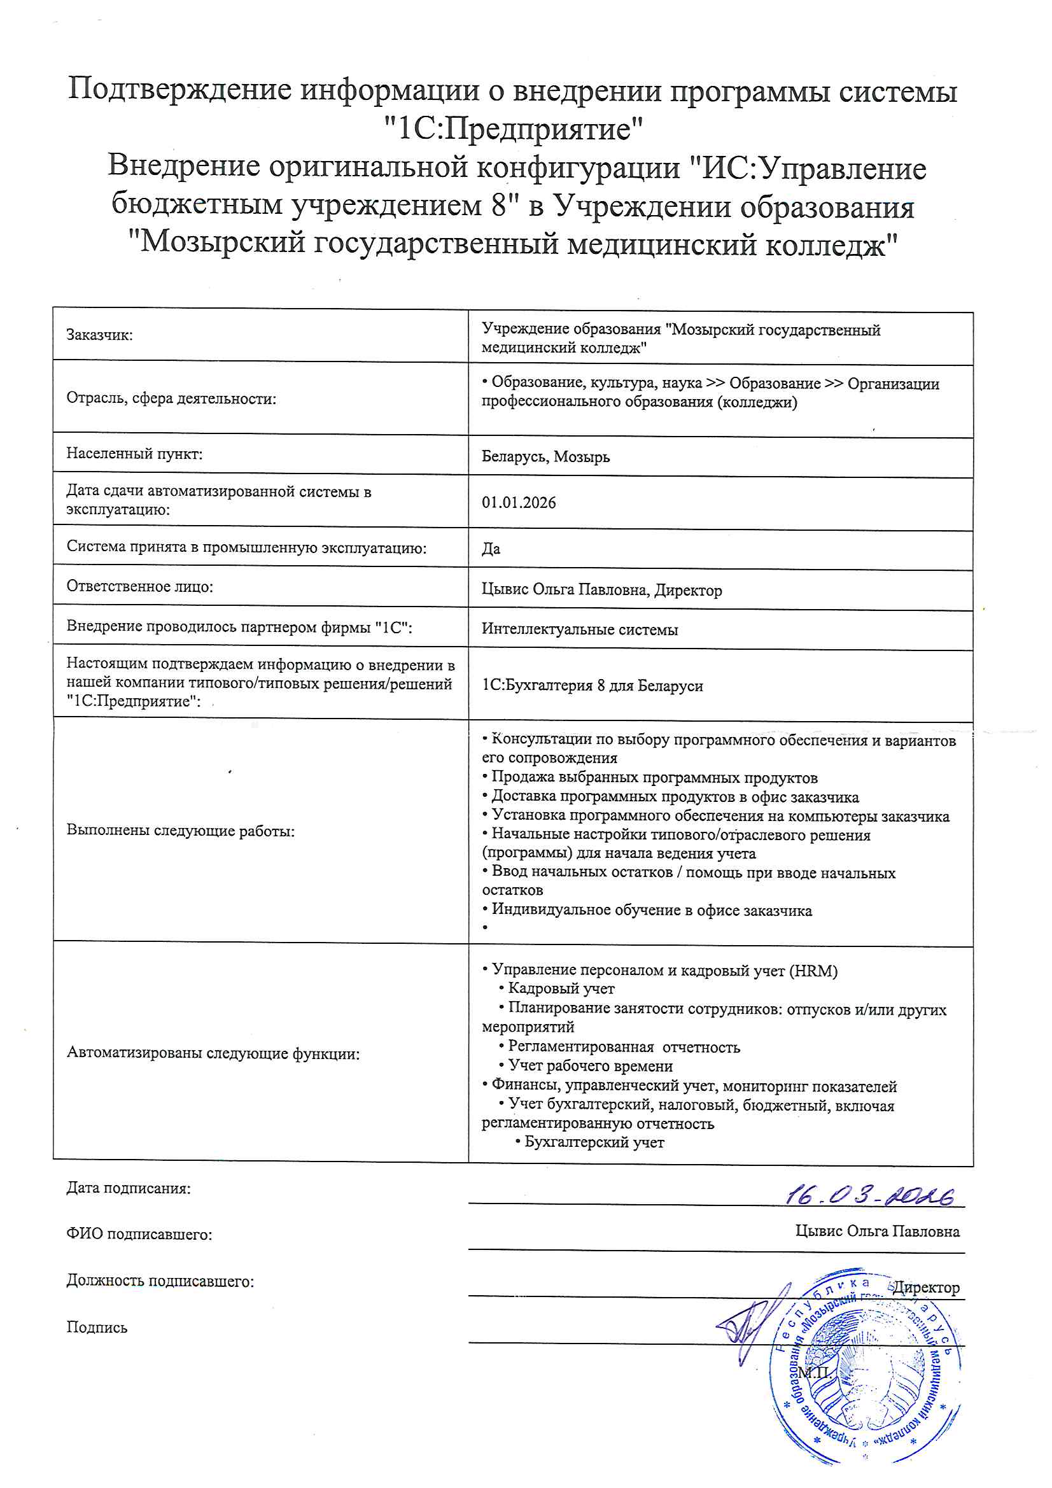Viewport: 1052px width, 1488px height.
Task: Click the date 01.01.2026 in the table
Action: (519, 503)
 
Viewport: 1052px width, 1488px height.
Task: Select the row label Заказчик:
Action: (99, 335)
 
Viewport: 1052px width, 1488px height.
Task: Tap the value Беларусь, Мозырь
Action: (545, 457)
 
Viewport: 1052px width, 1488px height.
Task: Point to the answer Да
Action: (491, 549)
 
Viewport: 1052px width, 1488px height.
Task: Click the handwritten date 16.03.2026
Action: (871, 1197)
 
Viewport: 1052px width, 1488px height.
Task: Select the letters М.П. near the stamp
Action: (814, 1373)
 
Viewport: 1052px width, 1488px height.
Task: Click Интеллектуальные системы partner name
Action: (580, 629)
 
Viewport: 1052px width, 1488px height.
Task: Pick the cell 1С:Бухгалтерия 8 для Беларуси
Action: (592, 685)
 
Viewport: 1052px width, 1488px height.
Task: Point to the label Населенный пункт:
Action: (134, 454)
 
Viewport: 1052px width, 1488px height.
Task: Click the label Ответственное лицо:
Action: (139, 587)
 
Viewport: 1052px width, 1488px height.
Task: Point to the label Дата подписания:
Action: (129, 1189)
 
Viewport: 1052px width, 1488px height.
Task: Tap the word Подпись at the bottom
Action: (97, 1327)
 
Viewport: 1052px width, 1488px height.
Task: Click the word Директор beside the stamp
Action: (925, 1288)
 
